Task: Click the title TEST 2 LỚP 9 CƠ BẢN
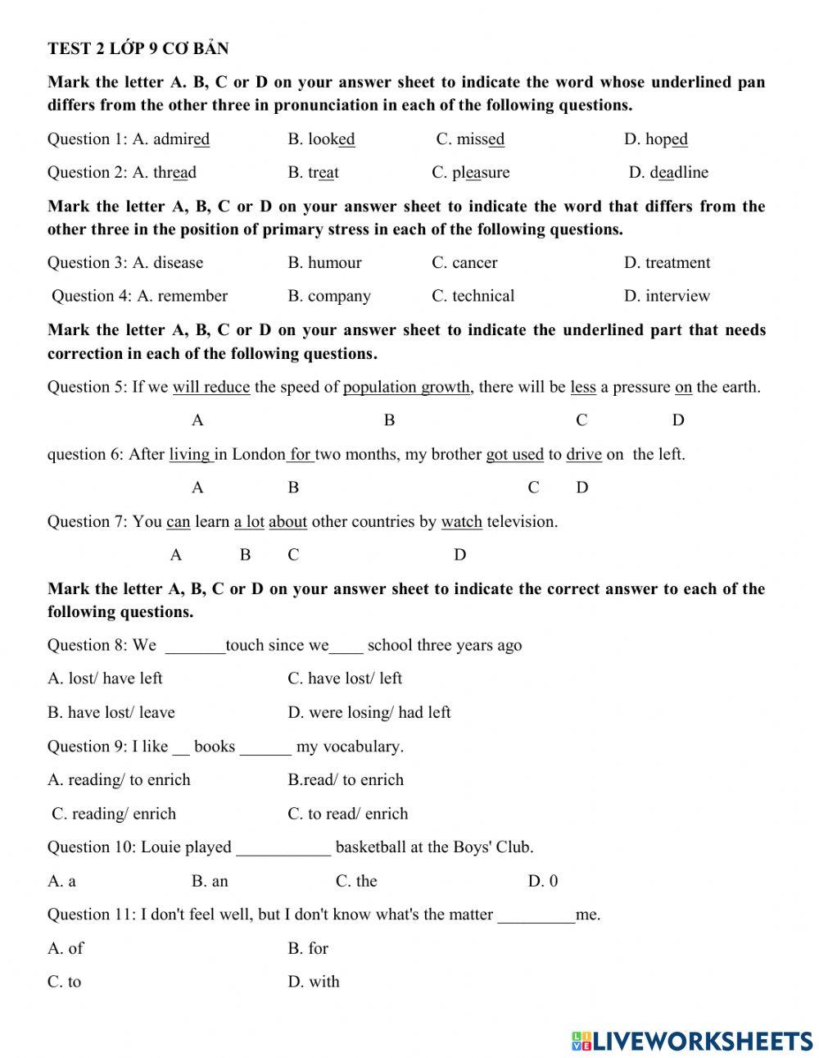pos(138,48)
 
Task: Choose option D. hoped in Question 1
pos(655,139)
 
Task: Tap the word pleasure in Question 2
pos(481,173)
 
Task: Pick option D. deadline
pos(668,173)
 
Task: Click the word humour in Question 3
pos(334,263)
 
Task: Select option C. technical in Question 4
pos(473,297)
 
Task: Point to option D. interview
pos(667,297)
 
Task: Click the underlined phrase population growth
pos(407,387)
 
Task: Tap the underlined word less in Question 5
pos(583,387)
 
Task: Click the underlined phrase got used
pos(514,454)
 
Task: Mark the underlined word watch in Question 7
pos(461,522)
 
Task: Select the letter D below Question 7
pos(459,556)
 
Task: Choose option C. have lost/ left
pos(345,679)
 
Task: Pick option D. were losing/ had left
pos(369,713)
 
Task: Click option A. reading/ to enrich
pos(119,780)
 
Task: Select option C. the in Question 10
pos(356,882)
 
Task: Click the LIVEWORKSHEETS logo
pos(692,1040)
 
